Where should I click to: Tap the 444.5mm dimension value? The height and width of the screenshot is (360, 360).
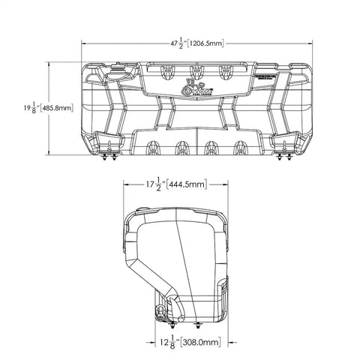[x=186, y=182]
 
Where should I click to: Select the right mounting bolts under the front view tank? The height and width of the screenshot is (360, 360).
[x=285, y=157]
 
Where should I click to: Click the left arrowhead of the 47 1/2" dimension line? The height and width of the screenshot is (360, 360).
[x=83, y=43]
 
